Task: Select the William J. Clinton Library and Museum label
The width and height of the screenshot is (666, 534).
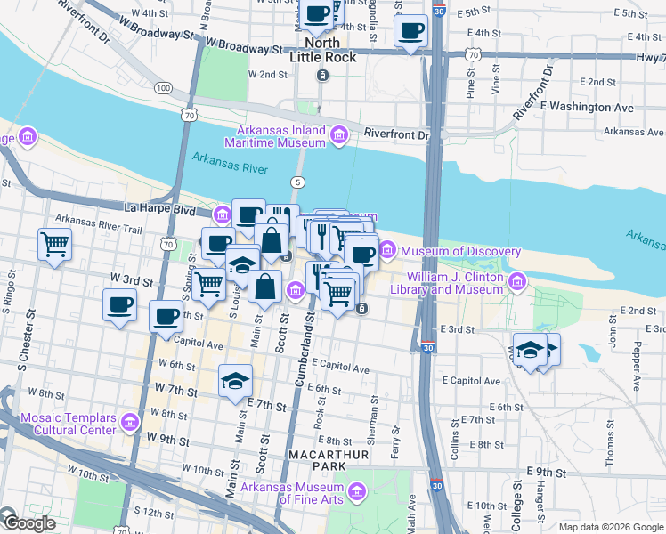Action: coord(454,284)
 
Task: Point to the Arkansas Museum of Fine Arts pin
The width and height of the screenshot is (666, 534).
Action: coord(357,491)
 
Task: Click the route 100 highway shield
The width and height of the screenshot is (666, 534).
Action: coord(162,88)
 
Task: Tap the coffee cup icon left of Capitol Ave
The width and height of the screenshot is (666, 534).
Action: coord(165,316)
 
